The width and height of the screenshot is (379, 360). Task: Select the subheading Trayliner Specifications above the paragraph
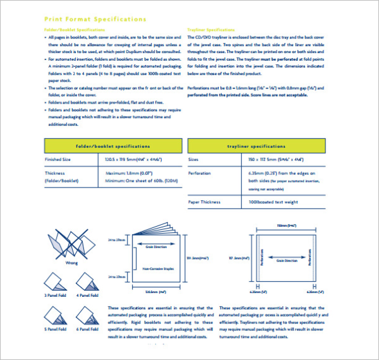[212, 30]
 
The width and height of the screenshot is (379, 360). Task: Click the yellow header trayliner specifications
[256, 146]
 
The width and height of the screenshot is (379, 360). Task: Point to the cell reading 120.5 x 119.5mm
[132, 160]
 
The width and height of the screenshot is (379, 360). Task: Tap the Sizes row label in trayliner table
[193, 160]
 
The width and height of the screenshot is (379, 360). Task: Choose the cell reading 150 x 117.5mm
[275, 160]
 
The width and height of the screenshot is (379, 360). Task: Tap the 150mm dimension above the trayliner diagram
[286, 224]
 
